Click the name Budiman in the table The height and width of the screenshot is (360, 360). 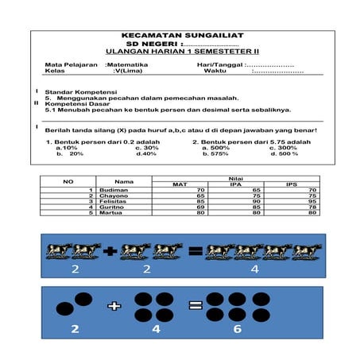[x=113, y=191]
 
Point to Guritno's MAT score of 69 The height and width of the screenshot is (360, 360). [x=200, y=207]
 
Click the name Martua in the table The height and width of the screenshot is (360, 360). [x=111, y=213]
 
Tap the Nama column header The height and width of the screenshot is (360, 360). [x=123, y=181]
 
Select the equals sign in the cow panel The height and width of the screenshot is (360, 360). [x=194, y=252]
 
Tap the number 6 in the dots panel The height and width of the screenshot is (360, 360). [x=237, y=328]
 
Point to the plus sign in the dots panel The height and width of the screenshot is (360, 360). [x=114, y=305]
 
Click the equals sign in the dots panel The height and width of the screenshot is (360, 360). [x=194, y=305]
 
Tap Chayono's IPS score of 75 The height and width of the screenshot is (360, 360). [x=313, y=196]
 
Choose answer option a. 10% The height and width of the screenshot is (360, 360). [x=67, y=147]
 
